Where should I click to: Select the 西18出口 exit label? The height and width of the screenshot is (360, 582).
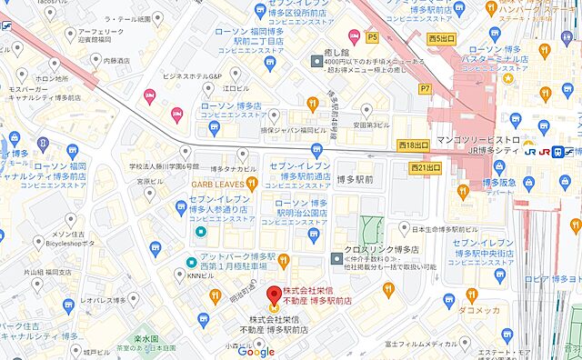(x=412, y=145)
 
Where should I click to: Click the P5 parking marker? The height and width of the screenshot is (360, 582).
(x=372, y=37)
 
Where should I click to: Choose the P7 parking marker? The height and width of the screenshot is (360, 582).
(x=424, y=88)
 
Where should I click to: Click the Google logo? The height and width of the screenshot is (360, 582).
(x=256, y=352)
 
